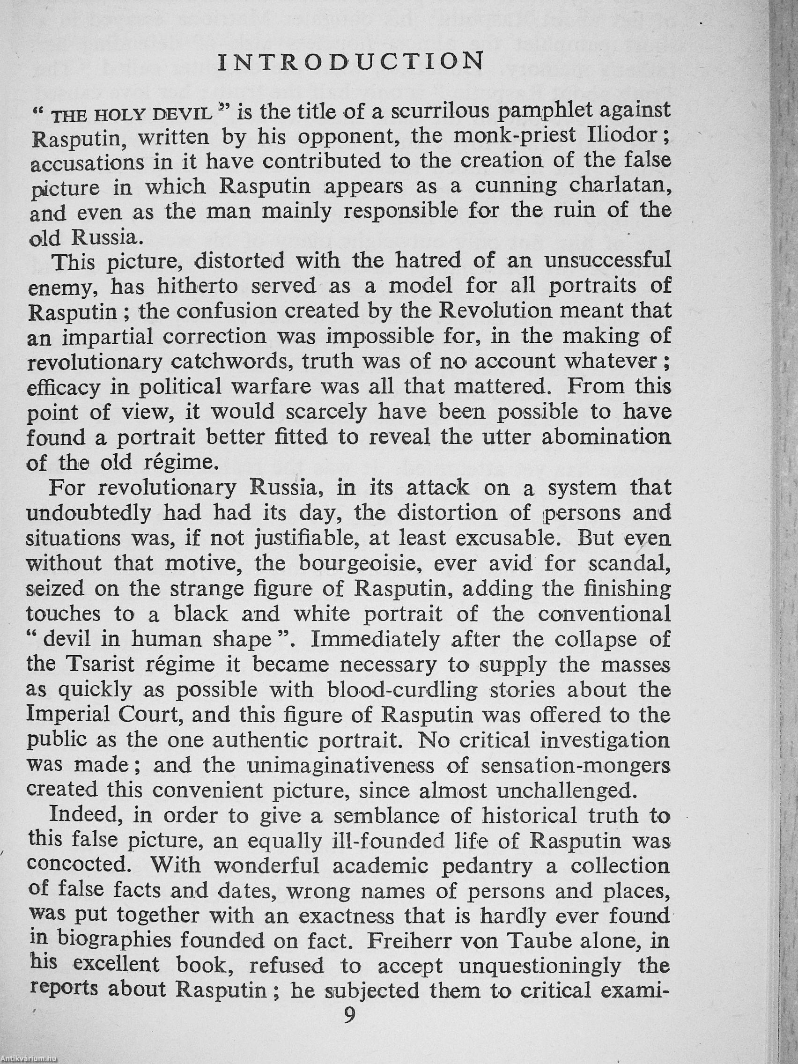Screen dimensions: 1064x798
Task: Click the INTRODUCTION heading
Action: click(x=351, y=61)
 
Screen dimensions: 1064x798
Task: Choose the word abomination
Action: click(x=606, y=437)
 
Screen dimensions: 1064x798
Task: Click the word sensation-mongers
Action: click(x=575, y=765)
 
